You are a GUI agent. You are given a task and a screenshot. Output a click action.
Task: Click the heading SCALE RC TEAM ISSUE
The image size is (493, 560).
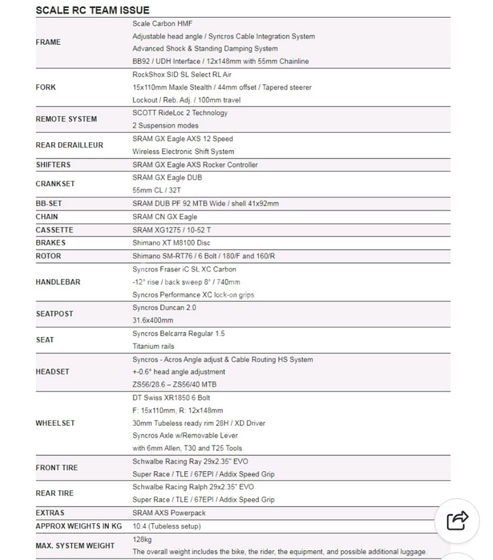92,10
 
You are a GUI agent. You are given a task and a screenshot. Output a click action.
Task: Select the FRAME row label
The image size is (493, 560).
48,42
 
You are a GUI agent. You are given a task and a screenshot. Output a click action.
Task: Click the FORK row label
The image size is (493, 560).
46,87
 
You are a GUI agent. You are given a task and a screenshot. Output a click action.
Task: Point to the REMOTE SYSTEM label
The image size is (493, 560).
66,119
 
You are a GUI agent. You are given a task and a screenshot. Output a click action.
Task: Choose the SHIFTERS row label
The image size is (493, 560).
53,165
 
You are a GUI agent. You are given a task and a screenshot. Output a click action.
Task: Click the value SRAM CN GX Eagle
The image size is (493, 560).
164,216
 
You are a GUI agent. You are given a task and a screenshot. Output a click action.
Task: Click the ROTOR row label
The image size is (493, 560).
48,255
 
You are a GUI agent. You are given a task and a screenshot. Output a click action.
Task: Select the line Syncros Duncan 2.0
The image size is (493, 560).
164,307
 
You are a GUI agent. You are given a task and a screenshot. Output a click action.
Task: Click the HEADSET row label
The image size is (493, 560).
52,372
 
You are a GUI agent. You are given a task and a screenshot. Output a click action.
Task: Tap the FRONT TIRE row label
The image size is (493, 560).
57,468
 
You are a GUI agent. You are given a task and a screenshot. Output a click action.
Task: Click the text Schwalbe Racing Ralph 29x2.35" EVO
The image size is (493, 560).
193,487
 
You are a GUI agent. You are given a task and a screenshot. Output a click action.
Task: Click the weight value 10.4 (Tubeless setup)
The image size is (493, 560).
166,526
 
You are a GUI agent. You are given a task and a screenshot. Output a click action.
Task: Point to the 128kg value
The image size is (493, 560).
142,539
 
